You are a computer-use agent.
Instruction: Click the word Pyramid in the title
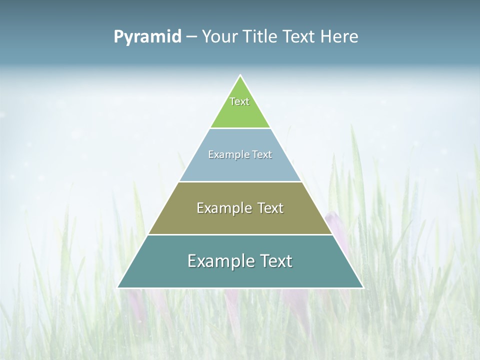[x=147, y=37]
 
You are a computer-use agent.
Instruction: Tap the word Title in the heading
[x=260, y=37]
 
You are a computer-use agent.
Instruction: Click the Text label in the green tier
[x=239, y=101]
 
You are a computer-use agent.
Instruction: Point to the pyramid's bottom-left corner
[x=118, y=287]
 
